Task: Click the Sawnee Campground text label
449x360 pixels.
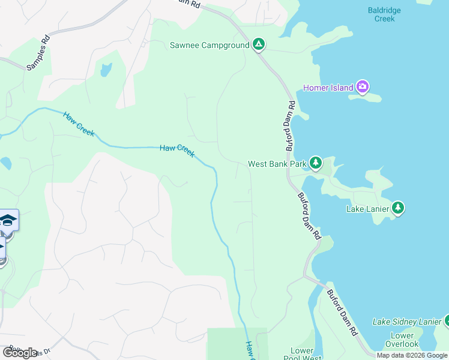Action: (208, 45)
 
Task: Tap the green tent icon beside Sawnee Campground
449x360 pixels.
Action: (258, 44)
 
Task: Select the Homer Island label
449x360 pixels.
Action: (328, 88)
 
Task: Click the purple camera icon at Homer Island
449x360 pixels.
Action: (362, 88)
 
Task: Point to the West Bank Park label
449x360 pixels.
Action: (277, 164)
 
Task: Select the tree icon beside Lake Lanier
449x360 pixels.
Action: (398, 208)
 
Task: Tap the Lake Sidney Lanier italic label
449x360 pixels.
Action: (407, 322)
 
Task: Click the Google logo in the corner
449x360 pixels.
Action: (20, 352)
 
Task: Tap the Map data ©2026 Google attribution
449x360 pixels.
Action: (412, 355)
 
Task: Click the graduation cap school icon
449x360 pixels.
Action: (7, 220)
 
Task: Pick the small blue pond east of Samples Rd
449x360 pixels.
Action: (106, 70)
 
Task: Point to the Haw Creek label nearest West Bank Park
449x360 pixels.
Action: (177, 151)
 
